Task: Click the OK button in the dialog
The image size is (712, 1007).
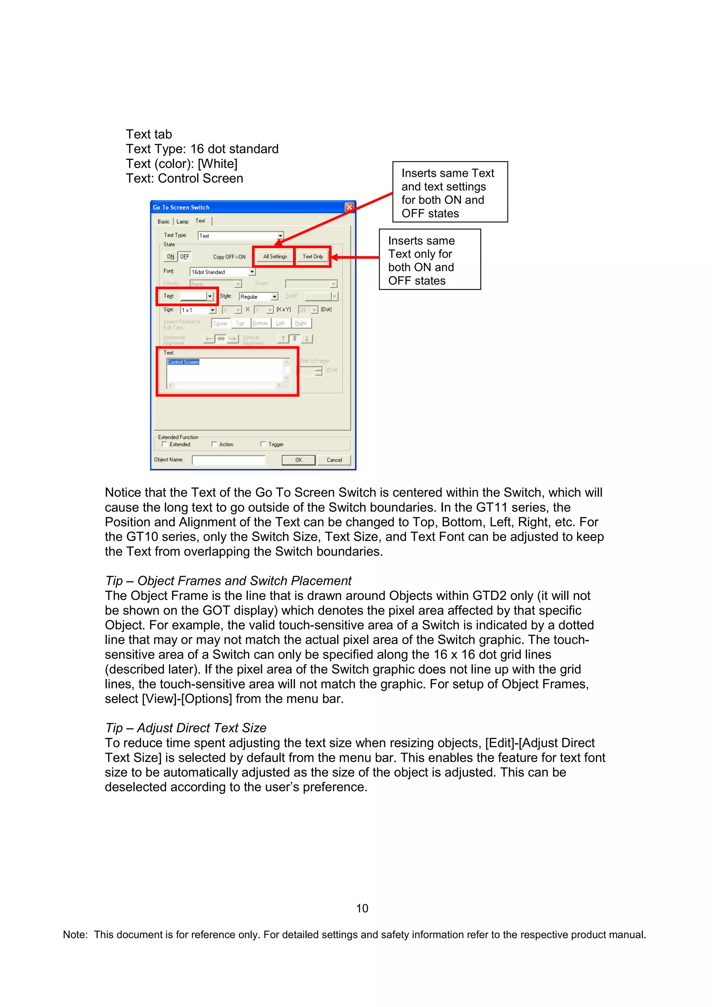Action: point(298,460)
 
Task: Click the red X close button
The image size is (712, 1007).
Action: point(349,207)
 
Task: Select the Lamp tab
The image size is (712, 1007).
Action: point(183,221)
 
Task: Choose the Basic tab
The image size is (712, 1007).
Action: point(163,221)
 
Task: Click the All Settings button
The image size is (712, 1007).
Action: point(275,256)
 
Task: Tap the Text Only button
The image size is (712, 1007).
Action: point(312,256)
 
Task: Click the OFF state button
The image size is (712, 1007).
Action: point(185,256)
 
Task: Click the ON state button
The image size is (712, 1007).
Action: point(171,256)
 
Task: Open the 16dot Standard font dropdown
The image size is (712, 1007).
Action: point(252,272)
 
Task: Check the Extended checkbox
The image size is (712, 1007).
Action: point(164,444)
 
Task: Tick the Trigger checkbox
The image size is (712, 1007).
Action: point(263,444)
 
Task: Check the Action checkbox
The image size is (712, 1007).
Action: point(214,444)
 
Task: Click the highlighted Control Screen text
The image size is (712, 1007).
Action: point(183,362)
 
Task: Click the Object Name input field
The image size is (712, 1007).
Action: point(228,460)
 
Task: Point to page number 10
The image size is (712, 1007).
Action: point(362,908)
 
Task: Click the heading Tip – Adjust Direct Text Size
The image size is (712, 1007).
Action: point(186,728)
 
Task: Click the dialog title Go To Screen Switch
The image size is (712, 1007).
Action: point(181,207)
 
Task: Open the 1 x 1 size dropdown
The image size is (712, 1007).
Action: point(212,310)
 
